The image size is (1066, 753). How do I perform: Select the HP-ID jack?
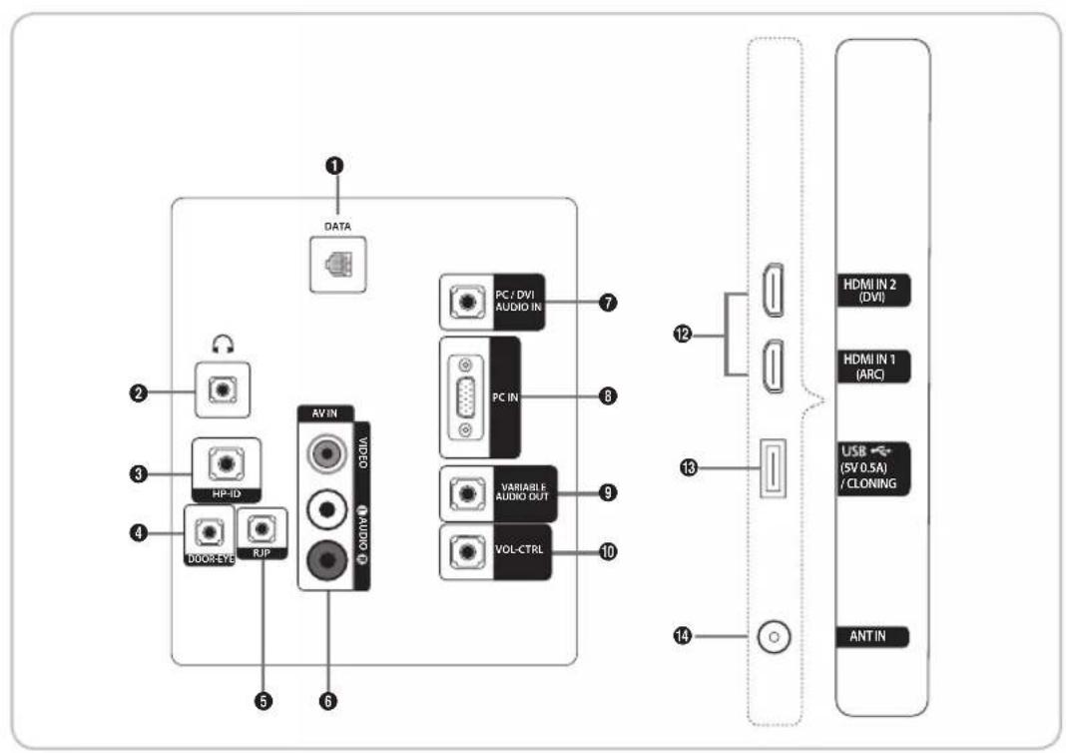point(225,463)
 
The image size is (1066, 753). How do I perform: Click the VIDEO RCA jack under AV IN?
point(325,454)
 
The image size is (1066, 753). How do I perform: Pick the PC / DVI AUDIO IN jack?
point(463,299)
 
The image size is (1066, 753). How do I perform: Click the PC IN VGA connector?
point(465,395)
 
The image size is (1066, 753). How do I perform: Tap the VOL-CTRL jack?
point(463,549)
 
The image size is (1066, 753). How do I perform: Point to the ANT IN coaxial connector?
point(773,635)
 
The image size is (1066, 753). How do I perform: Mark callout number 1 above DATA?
point(339,165)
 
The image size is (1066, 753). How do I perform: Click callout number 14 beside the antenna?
point(686,635)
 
